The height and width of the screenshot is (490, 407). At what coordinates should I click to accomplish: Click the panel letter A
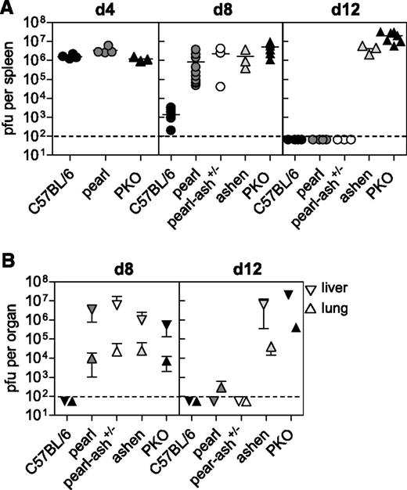9,9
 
